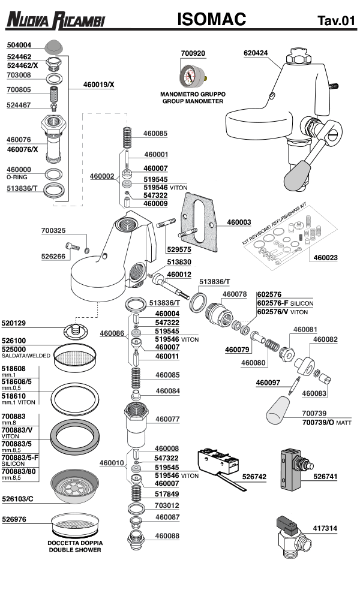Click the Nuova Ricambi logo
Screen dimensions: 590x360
pyautogui.click(x=55, y=21)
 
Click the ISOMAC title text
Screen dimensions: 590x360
pyautogui.click(x=211, y=20)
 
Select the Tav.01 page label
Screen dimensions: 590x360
pyautogui.click(x=336, y=22)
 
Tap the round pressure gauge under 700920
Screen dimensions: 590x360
pyautogui.click(x=193, y=76)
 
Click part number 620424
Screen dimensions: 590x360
pyautogui.click(x=256, y=53)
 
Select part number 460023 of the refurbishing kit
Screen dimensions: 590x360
pyautogui.click(x=326, y=258)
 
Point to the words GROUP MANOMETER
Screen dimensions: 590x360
pyautogui.click(x=192, y=101)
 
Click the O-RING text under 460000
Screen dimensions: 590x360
pyautogui.click(x=17, y=177)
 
